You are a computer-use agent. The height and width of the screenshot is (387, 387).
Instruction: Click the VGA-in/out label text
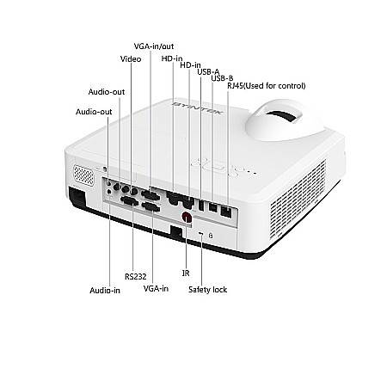coord(154,46)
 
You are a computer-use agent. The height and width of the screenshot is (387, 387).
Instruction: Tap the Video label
coord(131,59)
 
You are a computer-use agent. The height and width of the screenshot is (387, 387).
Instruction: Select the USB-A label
coord(208,72)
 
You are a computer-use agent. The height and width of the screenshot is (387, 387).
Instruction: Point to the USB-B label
coord(222,78)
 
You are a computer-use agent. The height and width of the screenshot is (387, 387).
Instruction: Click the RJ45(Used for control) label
coord(267,86)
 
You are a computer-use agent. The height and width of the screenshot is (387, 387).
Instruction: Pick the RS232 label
coord(136,277)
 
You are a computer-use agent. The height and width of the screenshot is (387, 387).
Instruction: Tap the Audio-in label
coord(105,291)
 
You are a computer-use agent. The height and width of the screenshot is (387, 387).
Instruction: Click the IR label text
coord(186,273)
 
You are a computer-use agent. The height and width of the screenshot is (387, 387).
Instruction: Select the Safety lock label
coord(207,290)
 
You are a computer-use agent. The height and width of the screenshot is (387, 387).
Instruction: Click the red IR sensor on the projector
coord(187,217)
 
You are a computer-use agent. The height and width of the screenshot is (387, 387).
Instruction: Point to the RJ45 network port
coord(226,212)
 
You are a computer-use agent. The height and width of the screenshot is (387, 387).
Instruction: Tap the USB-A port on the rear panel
coord(201,206)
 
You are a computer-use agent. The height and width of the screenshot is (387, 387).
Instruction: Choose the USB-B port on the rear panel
coord(212,207)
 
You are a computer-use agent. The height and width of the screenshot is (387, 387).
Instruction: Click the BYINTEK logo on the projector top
coord(198,107)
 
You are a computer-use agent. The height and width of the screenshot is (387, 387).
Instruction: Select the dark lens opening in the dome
coord(283,116)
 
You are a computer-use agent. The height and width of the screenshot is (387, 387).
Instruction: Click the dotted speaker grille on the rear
coord(83,175)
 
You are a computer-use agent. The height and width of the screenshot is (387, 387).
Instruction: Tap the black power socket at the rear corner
coord(77,197)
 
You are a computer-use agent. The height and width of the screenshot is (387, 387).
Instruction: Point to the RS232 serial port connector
coord(130,200)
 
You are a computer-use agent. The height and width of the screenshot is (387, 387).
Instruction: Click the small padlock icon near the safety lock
coord(211,236)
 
